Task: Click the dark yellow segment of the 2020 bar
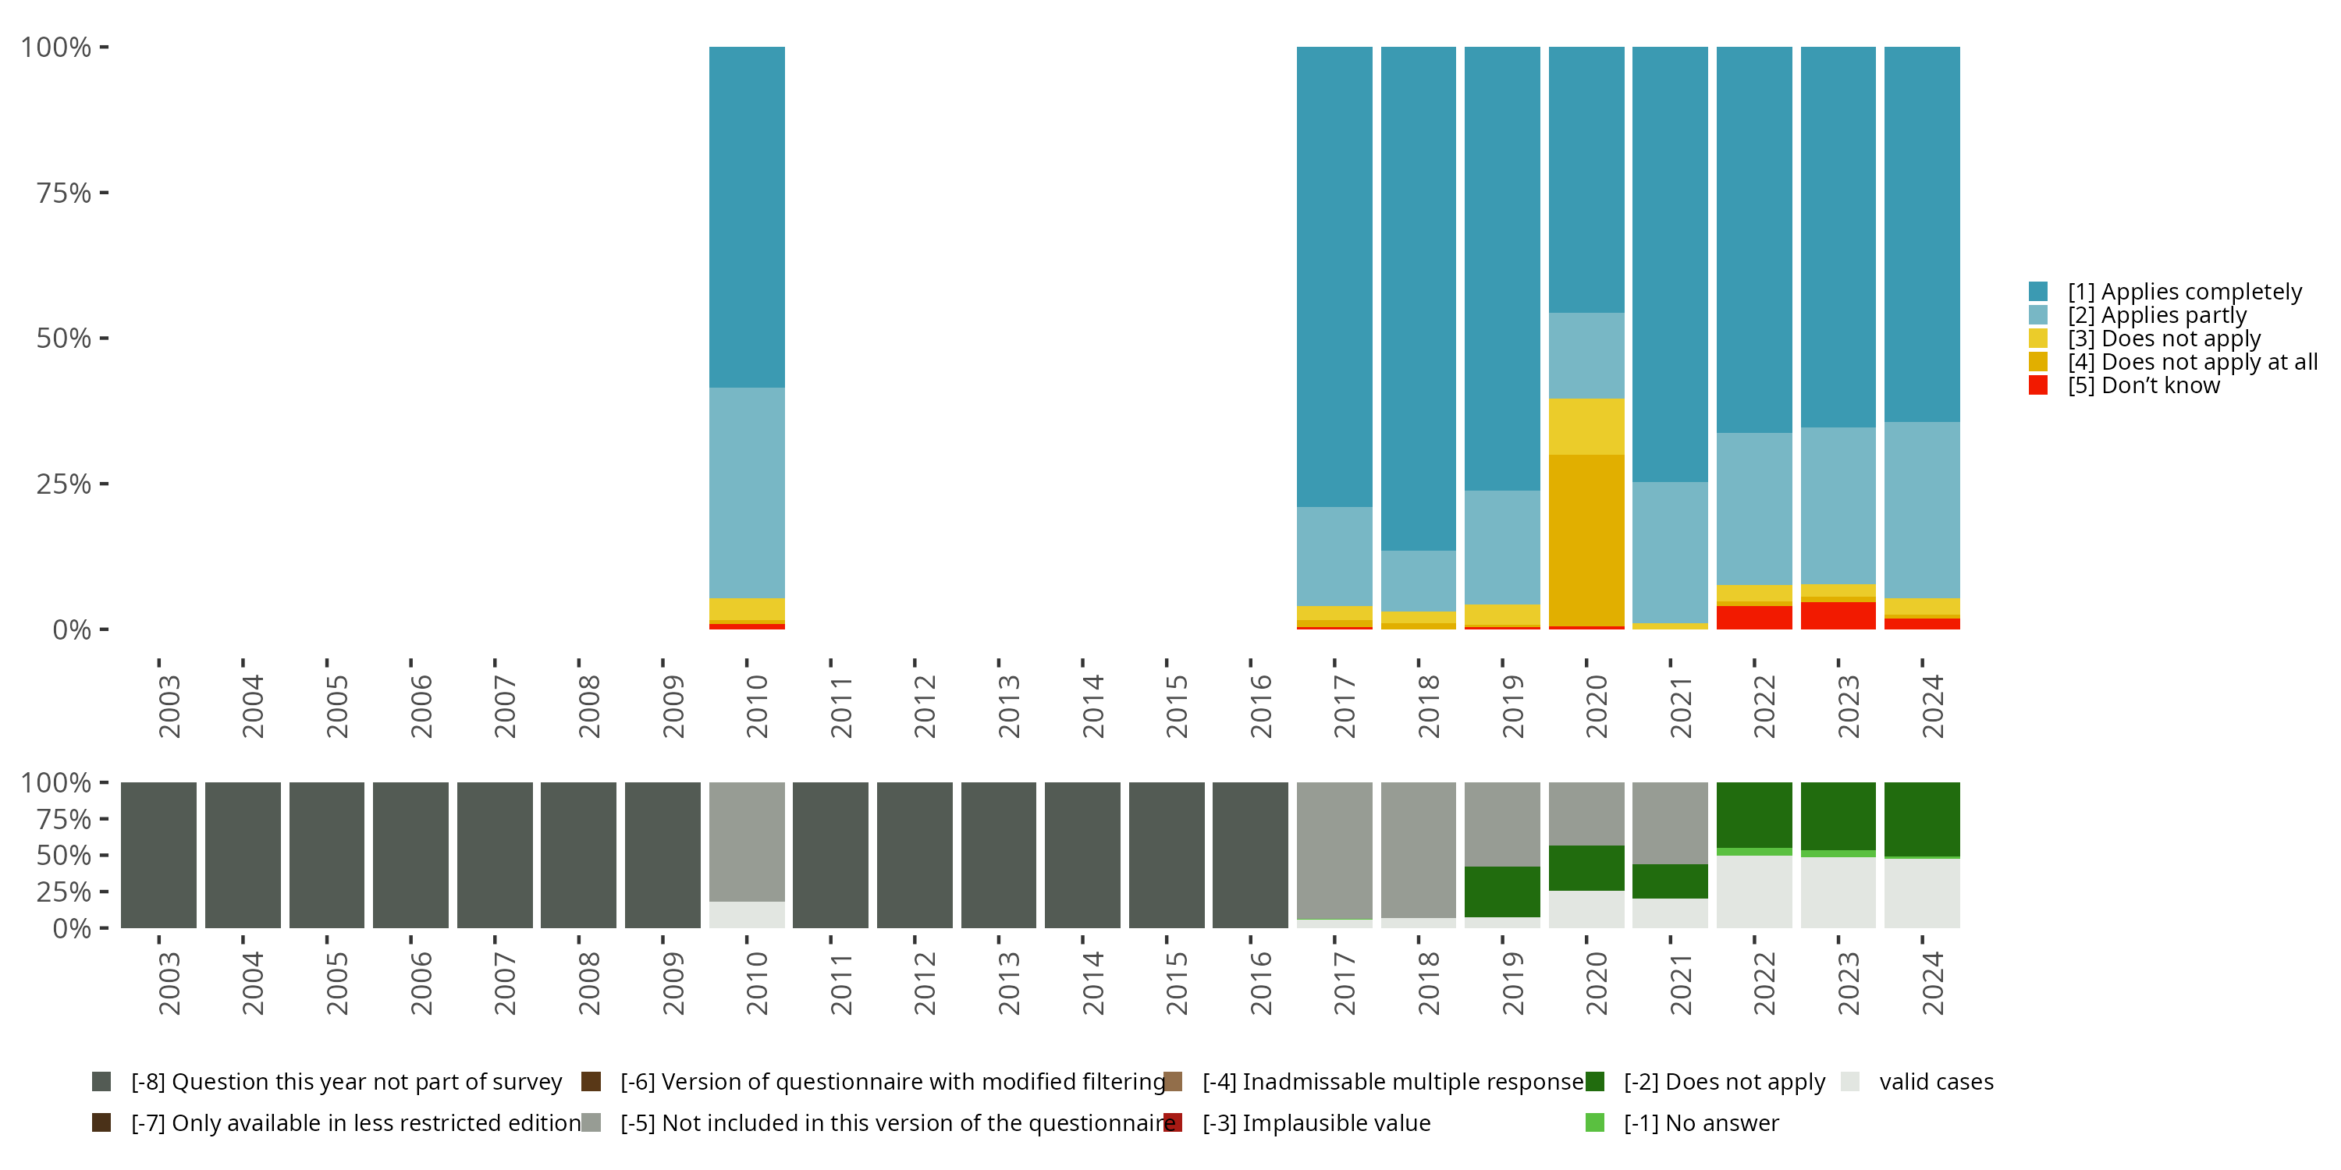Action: coord(1586,540)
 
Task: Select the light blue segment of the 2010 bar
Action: coord(746,492)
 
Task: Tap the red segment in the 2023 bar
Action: coord(1838,615)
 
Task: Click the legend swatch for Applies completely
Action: coord(2038,292)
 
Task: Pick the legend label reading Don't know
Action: coord(2143,386)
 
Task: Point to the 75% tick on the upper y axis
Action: coord(64,193)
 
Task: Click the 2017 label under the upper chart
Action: coord(1344,707)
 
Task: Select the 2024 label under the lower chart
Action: coord(1932,983)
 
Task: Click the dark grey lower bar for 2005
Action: coord(326,855)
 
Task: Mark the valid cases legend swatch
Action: coord(1849,1082)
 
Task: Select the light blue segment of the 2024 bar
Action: coord(1921,509)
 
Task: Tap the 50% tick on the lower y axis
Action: coord(64,856)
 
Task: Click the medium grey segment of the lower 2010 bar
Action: coord(746,841)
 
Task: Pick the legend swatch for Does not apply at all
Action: coord(2038,362)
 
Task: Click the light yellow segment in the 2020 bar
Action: coord(1586,426)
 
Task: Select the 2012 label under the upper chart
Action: coord(924,707)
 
